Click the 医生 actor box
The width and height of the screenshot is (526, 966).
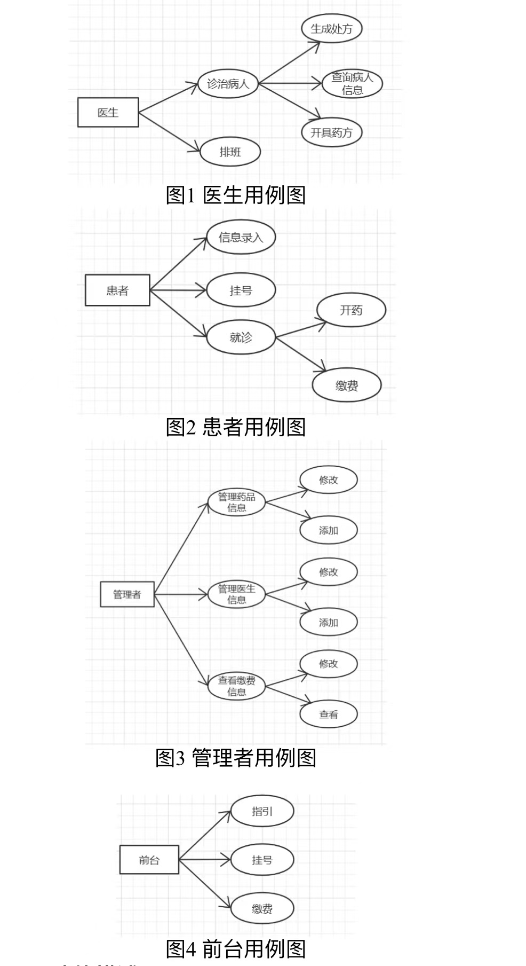coord(108,112)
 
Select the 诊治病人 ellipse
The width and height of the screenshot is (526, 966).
coord(228,84)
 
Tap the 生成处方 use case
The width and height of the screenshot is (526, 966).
coord(331,28)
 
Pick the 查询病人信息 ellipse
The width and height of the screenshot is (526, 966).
coord(352,84)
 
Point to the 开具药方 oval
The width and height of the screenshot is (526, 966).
coord(331,132)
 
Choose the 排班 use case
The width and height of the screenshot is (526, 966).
coord(230,152)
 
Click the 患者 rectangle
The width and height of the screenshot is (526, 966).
coord(117,290)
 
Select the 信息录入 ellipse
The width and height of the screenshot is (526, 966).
coord(241,237)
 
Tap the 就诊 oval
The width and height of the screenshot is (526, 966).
coord(241,337)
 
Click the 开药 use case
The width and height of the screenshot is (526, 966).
coord(350,310)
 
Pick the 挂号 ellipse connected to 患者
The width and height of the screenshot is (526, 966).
coord(241,290)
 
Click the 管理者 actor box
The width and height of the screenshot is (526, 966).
coord(127,594)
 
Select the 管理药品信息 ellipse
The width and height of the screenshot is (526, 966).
coord(236,502)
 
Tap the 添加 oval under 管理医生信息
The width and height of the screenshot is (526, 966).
coord(328,622)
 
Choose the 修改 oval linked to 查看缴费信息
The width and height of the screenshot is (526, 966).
coord(328,664)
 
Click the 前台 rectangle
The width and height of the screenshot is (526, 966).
coord(149,860)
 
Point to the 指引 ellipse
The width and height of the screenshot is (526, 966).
coord(262,811)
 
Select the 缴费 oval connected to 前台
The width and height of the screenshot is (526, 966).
coord(262,908)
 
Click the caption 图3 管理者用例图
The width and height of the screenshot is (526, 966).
coord(236,758)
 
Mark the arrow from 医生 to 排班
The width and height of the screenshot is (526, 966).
coord(169,132)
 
